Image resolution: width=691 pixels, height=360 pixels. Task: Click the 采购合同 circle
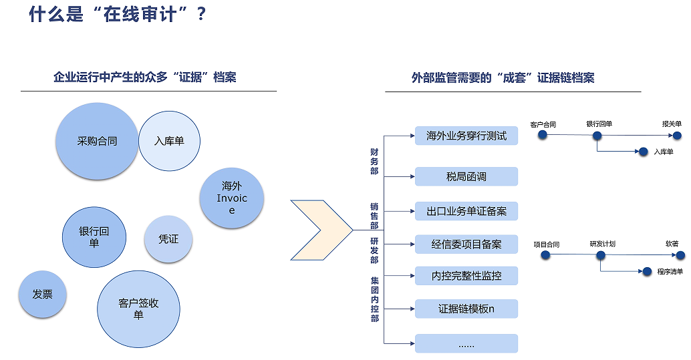[x=97, y=141]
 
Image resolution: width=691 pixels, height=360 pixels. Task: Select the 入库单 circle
[x=169, y=141]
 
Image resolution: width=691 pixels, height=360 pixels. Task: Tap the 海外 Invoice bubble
[x=232, y=198]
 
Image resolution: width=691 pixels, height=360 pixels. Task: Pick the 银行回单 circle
[x=94, y=237]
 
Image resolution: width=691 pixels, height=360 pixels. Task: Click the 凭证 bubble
[x=168, y=239]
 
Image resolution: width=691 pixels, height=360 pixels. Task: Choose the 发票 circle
[x=42, y=294]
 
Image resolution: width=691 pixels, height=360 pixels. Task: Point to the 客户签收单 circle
[x=138, y=309]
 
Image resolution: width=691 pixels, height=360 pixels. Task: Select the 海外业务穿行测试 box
[x=466, y=136]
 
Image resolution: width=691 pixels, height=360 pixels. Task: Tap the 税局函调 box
[x=466, y=177]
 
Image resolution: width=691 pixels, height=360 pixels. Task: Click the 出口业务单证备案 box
[x=466, y=211]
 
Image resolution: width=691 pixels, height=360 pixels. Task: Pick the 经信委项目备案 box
[x=466, y=244]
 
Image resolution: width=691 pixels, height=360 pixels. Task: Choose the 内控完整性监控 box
[x=466, y=276]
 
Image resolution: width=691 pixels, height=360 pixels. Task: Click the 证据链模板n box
[x=466, y=309]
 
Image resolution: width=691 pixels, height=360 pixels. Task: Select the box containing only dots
[x=466, y=343]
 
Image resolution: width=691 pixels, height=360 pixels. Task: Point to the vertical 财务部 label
[x=374, y=161]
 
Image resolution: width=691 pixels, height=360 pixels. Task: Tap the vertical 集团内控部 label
[x=375, y=299]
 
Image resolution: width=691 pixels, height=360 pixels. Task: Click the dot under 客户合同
[x=543, y=135]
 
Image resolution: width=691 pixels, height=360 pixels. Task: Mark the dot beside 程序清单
[x=647, y=271]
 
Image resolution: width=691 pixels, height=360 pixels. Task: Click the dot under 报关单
[x=678, y=136]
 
